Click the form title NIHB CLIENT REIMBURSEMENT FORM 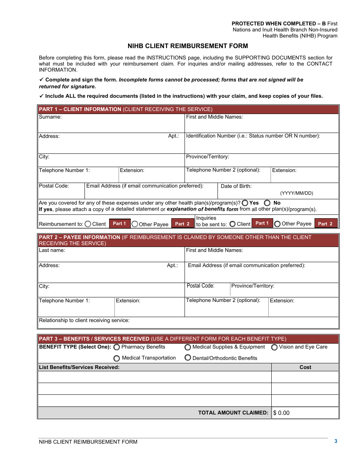[188, 46]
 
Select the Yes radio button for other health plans [245, 203]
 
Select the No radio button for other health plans [268, 203]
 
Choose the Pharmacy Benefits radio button [117, 347]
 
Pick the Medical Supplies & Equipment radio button [188, 347]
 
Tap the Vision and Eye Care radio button [274, 347]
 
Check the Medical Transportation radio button [117, 358]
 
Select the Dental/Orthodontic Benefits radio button [188, 358]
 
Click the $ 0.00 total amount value [281, 413]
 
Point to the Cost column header [305, 367]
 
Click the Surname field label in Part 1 [50, 117]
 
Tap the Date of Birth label [236, 186]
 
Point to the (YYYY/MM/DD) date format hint [297, 193]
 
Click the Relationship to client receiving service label [84, 321]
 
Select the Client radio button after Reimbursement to [88, 224]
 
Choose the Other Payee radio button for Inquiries [277, 224]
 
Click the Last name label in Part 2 [52, 250]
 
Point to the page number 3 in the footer [336, 441]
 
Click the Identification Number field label [253, 136]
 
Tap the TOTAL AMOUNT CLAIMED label [233, 413]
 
